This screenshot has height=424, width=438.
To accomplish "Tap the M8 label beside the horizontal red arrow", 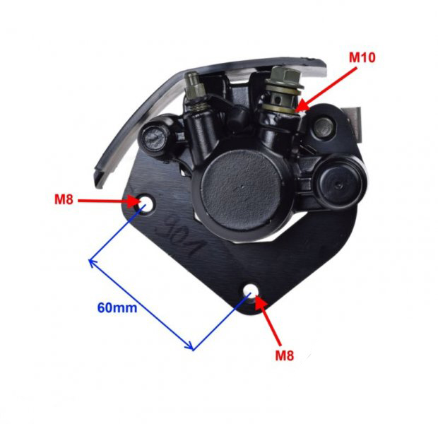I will (x=64, y=200).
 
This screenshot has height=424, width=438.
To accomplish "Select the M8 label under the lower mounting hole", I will (x=284, y=355).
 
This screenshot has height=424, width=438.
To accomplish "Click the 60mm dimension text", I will (x=117, y=307).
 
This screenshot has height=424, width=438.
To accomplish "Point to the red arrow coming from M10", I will (x=328, y=86).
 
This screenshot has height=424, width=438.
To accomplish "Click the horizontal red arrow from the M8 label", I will (x=106, y=200).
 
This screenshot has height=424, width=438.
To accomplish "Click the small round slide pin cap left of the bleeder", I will (x=155, y=135).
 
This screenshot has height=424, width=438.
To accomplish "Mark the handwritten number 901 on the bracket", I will (x=177, y=237).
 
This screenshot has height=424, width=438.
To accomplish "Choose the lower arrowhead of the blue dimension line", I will (x=190, y=347).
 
